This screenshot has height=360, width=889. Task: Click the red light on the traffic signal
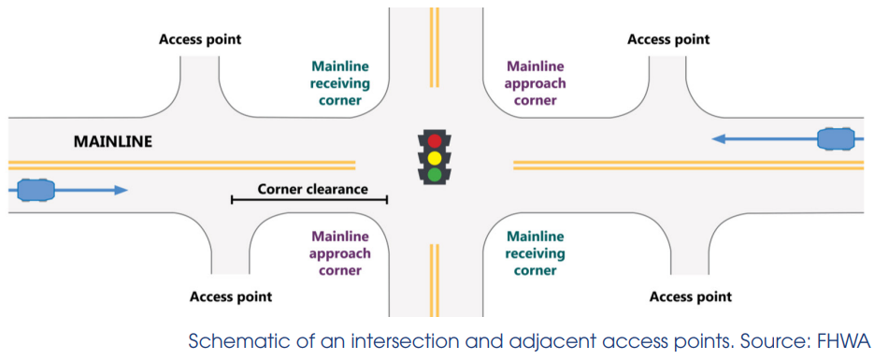tap(434, 141)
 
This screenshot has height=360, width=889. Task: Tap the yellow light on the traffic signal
tap(434, 157)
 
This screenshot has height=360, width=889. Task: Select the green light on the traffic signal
tap(434, 174)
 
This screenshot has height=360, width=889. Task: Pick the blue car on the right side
tap(839, 139)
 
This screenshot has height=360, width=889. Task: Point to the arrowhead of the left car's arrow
tap(122, 190)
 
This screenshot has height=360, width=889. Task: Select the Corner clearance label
tap(313, 189)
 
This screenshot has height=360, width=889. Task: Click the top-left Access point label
tap(200, 39)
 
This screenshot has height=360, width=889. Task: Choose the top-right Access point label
tap(668, 39)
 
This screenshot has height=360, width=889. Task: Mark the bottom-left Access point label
tap(231, 296)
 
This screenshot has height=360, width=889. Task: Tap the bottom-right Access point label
tap(691, 296)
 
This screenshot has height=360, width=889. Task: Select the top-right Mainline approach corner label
tap(536, 83)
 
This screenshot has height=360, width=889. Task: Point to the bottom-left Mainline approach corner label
tap(341, 253)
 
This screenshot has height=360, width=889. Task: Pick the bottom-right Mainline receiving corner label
tap(536, 253)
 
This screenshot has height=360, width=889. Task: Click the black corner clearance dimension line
tap(308, 200)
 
